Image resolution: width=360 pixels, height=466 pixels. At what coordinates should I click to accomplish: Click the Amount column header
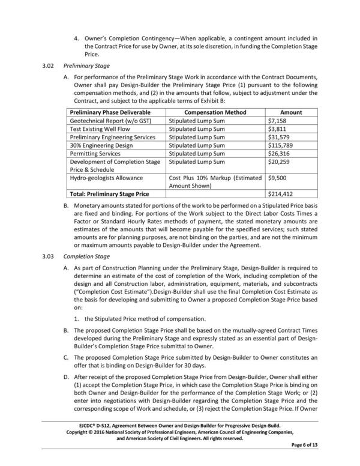[291, 112]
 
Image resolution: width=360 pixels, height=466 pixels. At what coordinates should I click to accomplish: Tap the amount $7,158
[277, 121]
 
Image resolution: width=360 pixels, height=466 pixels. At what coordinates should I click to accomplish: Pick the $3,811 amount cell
[277, 129]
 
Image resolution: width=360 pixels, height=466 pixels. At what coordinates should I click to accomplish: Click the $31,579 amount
[279, 137]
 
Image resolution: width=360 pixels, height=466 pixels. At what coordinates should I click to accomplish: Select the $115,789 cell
[281, 145]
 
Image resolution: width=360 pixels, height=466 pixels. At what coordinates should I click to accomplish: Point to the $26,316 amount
[279, 154]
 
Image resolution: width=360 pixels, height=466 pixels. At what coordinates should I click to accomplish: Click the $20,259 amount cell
[279, 162]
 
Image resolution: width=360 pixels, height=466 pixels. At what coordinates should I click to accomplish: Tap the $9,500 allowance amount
[278, 178]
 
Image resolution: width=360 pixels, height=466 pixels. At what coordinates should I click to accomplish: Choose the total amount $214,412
[281, 195]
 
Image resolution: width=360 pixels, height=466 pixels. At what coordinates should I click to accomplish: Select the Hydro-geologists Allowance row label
[106, 178]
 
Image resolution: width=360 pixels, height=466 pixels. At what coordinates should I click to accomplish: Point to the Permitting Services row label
[96, 154]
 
